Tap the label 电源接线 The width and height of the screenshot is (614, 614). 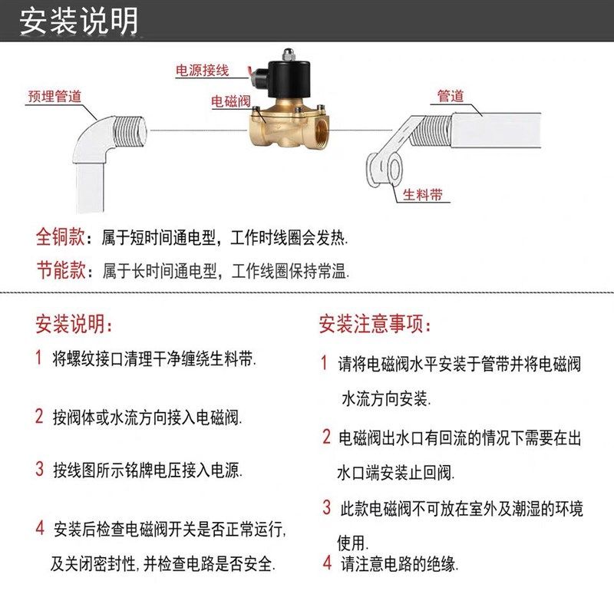tap(203, 70)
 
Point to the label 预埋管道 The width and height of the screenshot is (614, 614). tap(54, 97)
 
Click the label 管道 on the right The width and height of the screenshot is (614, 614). tap(451, 96)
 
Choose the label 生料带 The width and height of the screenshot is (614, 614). tap(423, 194)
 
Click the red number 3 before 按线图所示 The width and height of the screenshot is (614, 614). tap(39, 469)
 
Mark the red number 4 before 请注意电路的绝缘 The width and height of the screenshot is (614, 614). tap(327, 563)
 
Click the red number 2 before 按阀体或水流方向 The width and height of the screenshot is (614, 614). tap(39, 417)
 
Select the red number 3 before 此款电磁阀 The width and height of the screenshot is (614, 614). tap(327, 507)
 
